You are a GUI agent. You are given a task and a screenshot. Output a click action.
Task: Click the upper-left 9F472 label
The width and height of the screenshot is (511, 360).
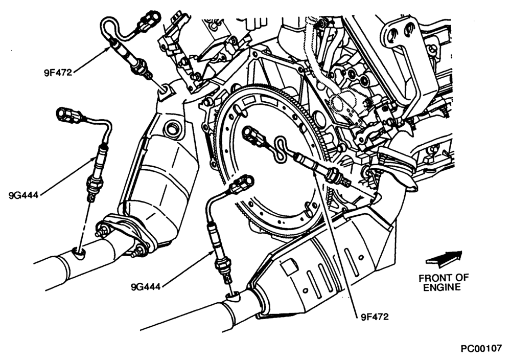[58, 73]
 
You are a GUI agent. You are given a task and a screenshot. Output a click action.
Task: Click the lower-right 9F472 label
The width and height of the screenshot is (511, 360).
[375, 317]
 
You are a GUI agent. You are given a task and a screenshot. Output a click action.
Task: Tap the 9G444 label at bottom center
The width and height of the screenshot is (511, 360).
[146, 287]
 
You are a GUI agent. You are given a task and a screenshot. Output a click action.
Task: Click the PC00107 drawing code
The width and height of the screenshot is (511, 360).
[481, 349]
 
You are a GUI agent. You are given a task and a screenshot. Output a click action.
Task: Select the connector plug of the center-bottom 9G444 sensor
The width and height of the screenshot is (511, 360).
[242, 184]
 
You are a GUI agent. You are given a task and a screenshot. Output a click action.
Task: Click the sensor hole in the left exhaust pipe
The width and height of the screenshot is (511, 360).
[79, 253]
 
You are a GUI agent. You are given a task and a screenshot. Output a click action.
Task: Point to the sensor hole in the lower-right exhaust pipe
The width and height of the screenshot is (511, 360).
[233, 297]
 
